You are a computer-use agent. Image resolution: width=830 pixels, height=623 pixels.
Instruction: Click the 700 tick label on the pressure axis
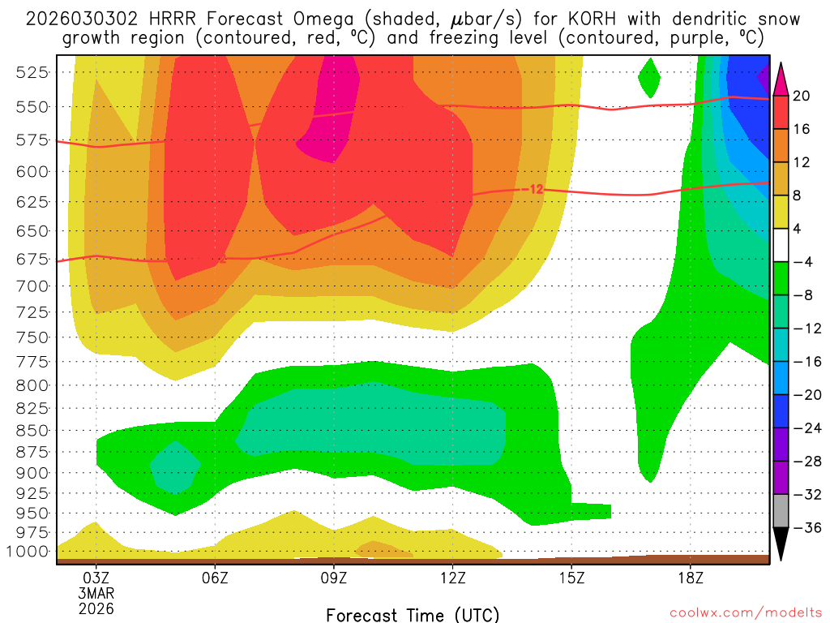pyautogui.click(x=31, y=286)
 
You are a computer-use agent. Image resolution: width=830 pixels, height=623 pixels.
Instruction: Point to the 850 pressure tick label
pyautogui.click(x=31, y=430)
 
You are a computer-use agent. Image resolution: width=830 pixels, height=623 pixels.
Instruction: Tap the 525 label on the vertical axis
pyautogui.click(x=31, y=72)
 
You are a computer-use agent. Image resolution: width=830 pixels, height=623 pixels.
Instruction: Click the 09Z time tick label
pyautogui.click(x=334, y=578)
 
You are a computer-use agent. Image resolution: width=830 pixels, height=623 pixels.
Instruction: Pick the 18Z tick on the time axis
pyautogui.click(x=690, y=578)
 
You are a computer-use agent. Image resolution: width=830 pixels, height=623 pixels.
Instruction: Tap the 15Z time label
pyautogui.click(x=571, y=578)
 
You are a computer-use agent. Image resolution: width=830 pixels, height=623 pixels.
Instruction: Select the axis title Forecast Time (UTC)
pyautogui.click(x=413, y=614)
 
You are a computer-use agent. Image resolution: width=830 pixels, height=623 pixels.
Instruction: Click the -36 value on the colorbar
pyautogui.click(x=804, y=527)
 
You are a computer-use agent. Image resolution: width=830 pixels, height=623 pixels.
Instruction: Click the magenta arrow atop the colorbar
pyautogui.click(x=781, y=79)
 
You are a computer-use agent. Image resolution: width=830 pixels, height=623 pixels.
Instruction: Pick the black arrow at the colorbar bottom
pyautogui.click(x=781, y=544)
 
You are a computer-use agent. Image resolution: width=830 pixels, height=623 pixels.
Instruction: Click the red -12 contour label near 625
pyautogui.click(x=535, y=189)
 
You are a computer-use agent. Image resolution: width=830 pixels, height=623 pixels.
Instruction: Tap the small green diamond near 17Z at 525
pyautogui.click(x=649, y=78)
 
